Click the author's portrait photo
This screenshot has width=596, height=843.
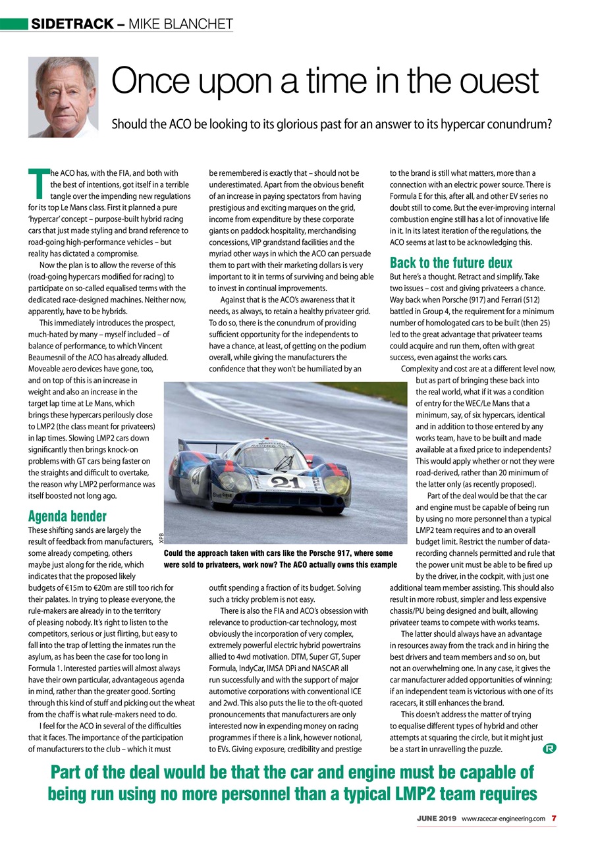tap(63, 97)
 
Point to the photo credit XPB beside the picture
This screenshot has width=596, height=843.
tap(160, 538)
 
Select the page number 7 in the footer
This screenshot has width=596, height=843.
tap(554, 818)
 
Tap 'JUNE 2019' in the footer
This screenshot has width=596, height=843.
tap(436, 818)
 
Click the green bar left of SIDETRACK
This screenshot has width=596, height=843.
tap(13, 25)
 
